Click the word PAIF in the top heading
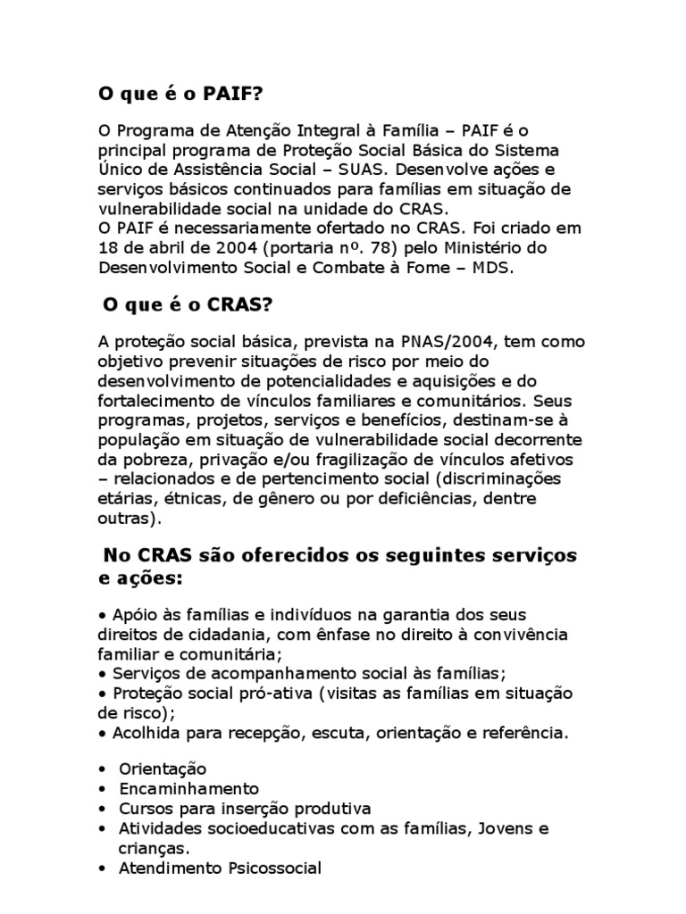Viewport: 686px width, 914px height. click(x=237, y=94)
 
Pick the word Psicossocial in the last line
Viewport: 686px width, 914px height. click(x=272, y=868)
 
